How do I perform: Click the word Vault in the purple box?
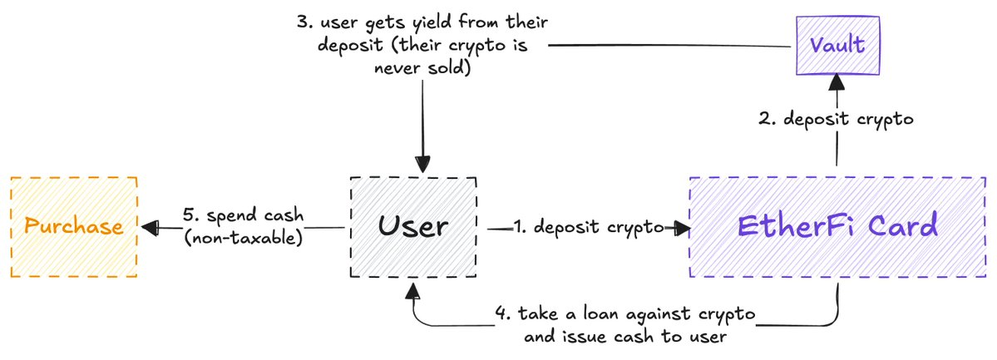pos(837,45)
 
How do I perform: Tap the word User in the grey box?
pos(413,227)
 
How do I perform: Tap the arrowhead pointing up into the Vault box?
pos(837,80)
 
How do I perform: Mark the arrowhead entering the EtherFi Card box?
pos(682,227)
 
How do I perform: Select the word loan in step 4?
pos(600,315)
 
